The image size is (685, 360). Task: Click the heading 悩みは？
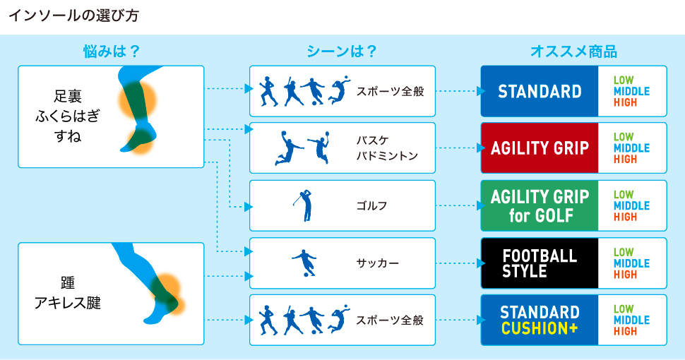(x=110, y=52)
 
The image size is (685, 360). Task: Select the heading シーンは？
(x=341, y=52)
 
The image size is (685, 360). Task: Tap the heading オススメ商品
(x=573, y=52)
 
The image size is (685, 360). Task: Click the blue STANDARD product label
(x=540, y=91)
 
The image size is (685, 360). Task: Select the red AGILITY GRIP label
(x=540, y=148)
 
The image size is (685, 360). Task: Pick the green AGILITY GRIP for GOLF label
(x=540, y=205)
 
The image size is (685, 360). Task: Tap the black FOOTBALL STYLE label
(x=540, y=263)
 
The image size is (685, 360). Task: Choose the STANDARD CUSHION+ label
(x=540, y=320)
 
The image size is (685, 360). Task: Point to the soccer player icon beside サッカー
(x=304, y=263)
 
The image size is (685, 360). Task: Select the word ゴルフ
(x=372, y=205)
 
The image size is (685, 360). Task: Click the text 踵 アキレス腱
(x=68, y=293)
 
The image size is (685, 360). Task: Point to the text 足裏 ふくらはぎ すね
(x=68, y=116)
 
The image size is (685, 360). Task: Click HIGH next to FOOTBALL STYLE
(x=625, y=275)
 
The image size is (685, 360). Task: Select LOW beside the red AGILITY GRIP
(x=624, y=137)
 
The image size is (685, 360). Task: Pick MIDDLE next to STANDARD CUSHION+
(x=631, y=320)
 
